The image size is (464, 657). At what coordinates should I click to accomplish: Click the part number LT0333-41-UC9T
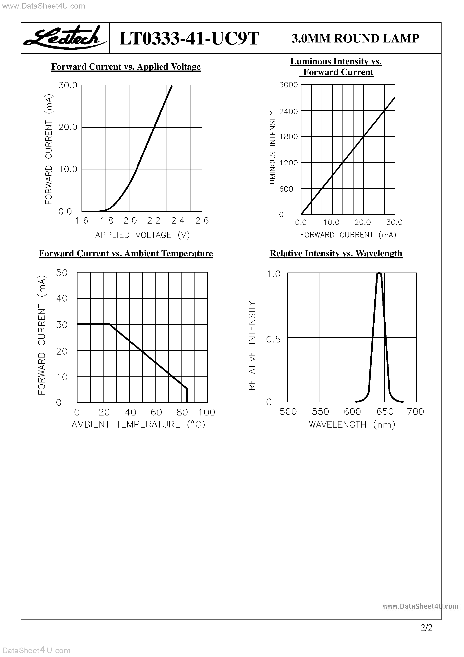[189, 38]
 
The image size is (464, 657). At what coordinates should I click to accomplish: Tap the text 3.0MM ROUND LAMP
[355, 38]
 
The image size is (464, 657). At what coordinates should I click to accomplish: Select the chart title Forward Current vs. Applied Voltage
[126, 67]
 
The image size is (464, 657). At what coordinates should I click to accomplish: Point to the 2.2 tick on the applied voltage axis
[154, 221]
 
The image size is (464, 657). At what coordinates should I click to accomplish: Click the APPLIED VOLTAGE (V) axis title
[142, 235]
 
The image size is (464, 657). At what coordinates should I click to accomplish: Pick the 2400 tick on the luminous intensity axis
[288, 111]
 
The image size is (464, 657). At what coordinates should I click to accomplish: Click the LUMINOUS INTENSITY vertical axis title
[273, 150]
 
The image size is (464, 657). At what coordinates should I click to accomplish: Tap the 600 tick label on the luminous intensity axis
[286, 189]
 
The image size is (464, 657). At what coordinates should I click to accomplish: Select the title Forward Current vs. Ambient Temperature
[126, 253]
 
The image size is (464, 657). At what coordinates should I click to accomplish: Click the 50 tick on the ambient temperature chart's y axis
[62, 273]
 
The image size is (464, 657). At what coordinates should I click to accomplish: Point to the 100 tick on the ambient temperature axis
[207, 412]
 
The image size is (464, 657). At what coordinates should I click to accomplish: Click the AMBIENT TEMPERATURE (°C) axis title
[138, 424]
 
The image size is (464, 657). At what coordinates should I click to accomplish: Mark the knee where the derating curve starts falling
[110, 324]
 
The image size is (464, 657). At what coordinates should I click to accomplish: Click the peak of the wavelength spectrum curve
[379, 273]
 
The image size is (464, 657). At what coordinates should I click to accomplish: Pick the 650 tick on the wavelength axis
[385, 412]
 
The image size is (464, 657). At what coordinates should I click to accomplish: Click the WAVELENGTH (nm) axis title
[352, 424]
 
